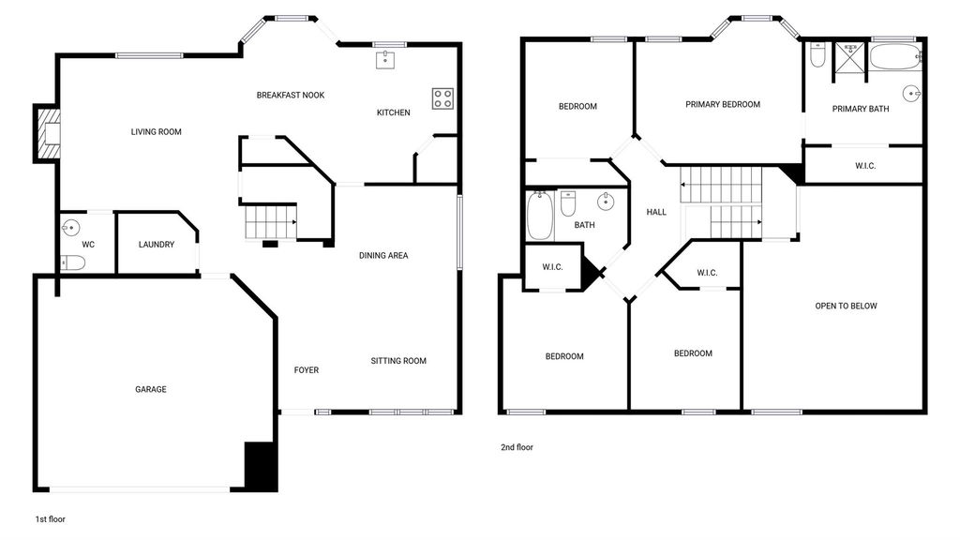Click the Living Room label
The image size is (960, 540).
(x=157, y=131)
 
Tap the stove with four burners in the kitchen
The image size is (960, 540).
(x=442, y=98)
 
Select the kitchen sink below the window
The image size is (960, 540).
(x=385, y=60)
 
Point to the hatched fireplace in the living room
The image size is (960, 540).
(x=49, y=133)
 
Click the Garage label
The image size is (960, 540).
(x=151, y=389)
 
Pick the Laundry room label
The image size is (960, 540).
(x=157, y=245)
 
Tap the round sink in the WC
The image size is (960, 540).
(x=71, y=228)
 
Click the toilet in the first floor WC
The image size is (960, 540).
(x=73, y=262)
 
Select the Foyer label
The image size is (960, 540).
(x=307, y=369)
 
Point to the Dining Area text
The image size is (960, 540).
(x=383, y=255)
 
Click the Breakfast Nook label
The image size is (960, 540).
(x=291, y=95)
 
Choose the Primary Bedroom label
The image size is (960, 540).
(x=723, y=105)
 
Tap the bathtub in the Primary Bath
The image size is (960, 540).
(x=895, y=57)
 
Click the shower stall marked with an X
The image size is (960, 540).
(x=849, y=62)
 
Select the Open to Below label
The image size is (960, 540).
(x=846, y=307)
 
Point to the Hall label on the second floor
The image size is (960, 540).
(x=656, y=213)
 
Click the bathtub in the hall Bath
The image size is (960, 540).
(x=540, y=216)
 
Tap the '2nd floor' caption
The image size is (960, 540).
(x=517, y=447)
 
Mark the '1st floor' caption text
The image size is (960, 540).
(x=51, y=519)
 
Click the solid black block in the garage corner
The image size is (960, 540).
(x=261, y=466)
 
